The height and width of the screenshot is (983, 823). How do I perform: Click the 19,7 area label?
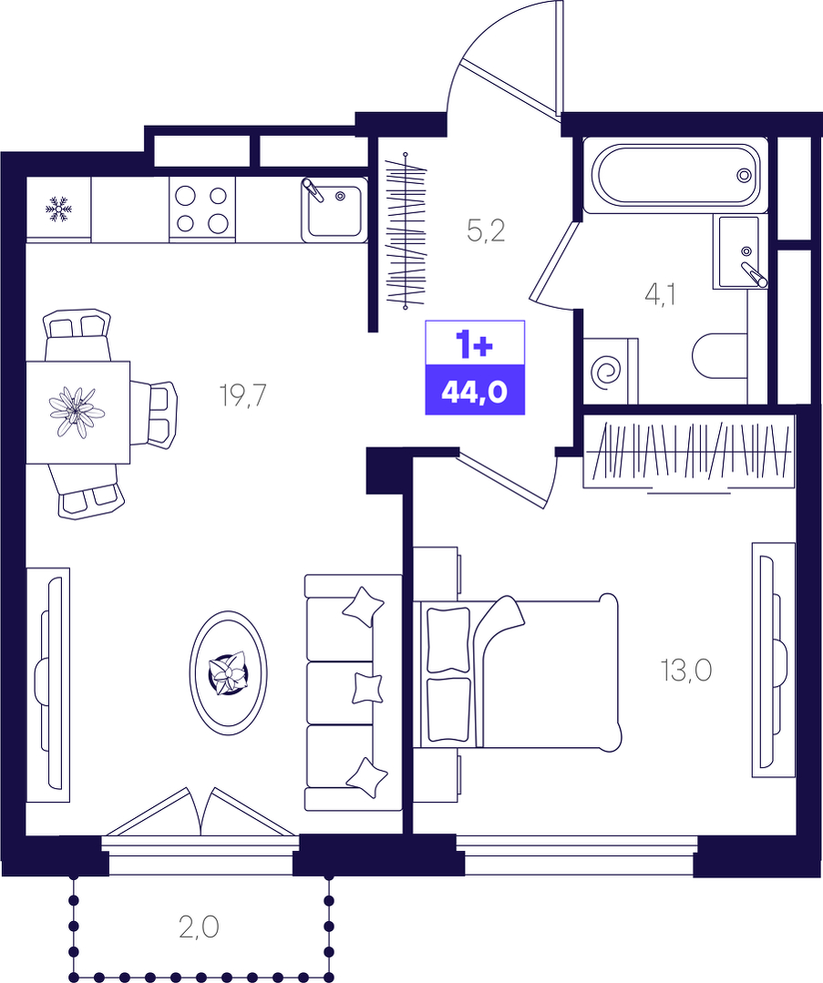[243, 395]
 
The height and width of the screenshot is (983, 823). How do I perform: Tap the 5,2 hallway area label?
[486, 231]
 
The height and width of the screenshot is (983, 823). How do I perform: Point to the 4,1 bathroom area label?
[660, 294]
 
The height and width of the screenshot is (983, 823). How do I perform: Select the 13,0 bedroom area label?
[685, 671]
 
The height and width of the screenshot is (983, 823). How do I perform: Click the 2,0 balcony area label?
[199, 927]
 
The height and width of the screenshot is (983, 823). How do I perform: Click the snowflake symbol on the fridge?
[59, 209]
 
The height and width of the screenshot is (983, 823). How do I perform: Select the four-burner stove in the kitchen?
[202, 209]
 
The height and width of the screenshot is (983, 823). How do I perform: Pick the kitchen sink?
[334, 210]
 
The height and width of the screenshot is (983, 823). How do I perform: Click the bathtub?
[675, 176]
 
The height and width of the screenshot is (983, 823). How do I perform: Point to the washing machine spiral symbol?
[608, 372]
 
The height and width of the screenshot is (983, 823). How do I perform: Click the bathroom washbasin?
[740, 252]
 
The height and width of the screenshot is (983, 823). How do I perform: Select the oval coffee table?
[229, 672]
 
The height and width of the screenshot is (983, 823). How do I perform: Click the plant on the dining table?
[77, 412]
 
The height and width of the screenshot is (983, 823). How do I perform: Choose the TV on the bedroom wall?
[772, 660]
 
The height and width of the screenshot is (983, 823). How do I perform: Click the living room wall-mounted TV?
[48, 684]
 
